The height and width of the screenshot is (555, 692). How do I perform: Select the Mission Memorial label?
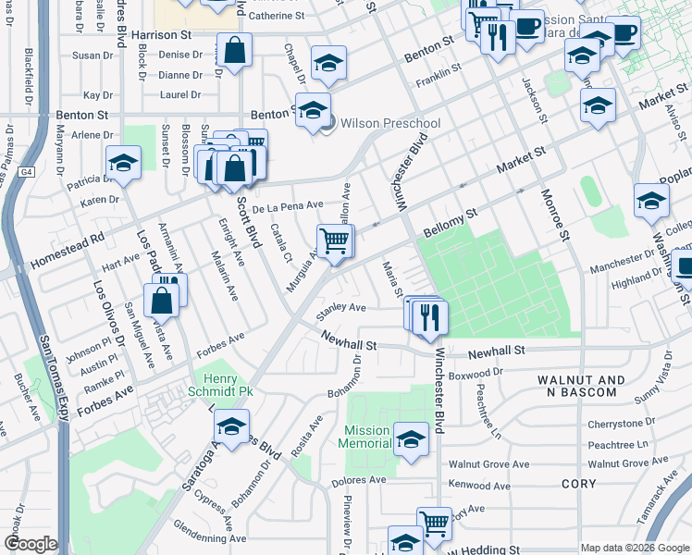tap(367, 437)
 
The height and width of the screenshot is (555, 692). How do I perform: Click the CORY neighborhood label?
tap(579, 484)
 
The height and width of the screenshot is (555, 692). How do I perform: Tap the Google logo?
tap(31, 543)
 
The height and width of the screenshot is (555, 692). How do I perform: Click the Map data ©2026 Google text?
tap(635, 548)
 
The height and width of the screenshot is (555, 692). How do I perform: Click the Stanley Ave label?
tap(341, 308)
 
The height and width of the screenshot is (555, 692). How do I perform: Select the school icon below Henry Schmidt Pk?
tap(231, 427)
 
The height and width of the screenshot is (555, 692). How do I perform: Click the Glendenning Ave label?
tap(211, 537)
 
